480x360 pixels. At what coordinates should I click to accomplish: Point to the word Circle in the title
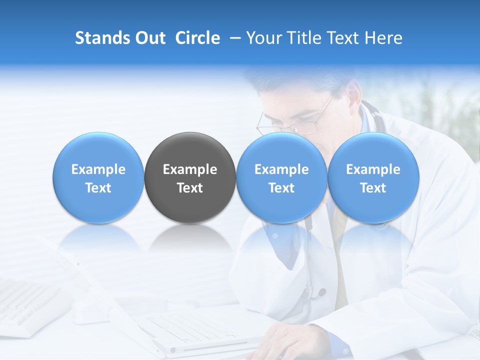(x=197, y=38)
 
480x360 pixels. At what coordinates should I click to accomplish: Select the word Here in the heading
(x=383, y=38)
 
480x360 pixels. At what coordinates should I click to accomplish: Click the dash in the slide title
(x=234, y=38)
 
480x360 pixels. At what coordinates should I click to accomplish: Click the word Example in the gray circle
(x=190, y=169)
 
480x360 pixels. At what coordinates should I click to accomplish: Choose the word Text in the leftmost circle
(x=98, y=188)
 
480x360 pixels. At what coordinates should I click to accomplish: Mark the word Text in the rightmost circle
(x=373, y=188)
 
